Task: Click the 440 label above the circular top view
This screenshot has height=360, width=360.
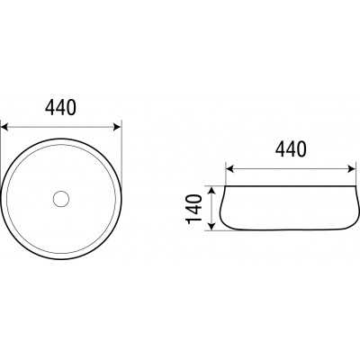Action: click(x=60, y=108)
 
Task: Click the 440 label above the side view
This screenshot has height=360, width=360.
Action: click(x=291, y=149)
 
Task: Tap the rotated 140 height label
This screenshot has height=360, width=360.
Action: click(x=194, y=209)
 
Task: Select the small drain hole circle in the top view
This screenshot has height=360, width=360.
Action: click(x=61, y=198)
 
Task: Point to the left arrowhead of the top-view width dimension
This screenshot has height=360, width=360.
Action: click(x=4, y=127)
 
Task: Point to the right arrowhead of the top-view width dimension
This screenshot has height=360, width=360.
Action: click(x=117, y=127)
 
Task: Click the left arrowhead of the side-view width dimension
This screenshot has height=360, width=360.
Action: click(x=229, y=169)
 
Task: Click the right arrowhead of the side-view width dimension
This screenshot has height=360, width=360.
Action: click(x=351, y=169)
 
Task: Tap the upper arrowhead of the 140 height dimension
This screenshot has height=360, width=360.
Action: click(x=211, y=191)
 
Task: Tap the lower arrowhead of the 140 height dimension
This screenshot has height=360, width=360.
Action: click(x=211, y=227)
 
